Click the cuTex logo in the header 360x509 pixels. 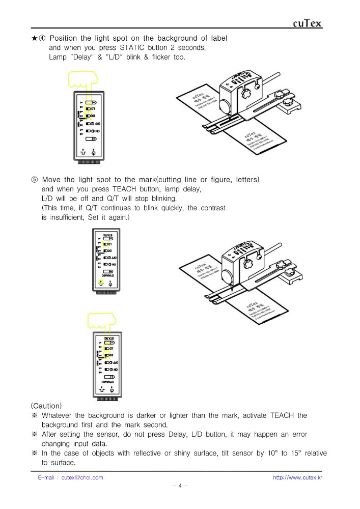tap(308, 23)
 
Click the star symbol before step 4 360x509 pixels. tap(34, 39)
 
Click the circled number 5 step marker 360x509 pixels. tap(34, 180)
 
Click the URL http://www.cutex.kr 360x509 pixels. tap(297, 477)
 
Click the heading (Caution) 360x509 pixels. tap(46, 406)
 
